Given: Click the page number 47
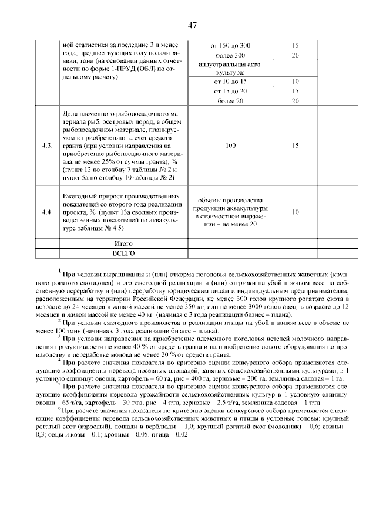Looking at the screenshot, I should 192,25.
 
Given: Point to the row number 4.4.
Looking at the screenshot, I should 47,212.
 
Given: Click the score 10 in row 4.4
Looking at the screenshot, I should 295,212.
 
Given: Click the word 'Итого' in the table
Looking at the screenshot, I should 123,243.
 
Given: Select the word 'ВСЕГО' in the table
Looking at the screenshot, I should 123,253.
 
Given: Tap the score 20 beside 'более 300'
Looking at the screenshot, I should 295,55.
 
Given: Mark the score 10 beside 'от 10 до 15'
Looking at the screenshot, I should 295,82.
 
